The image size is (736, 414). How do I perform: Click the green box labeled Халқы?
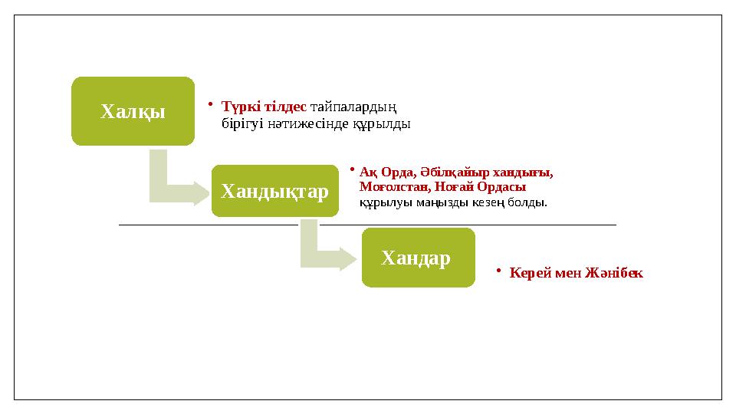tap(133, 111)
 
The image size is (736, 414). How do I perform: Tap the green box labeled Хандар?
tap(418, 258)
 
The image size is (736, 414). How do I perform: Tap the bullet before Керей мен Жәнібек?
tap(498, 270)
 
